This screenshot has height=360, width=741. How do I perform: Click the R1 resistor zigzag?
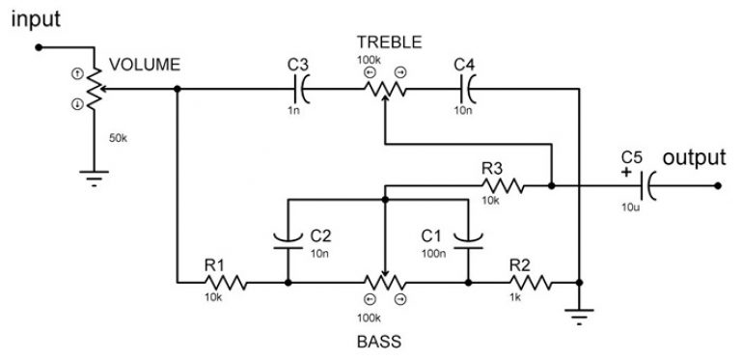[x=226, y=283]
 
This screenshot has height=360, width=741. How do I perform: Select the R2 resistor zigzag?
[x=531, y=283]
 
